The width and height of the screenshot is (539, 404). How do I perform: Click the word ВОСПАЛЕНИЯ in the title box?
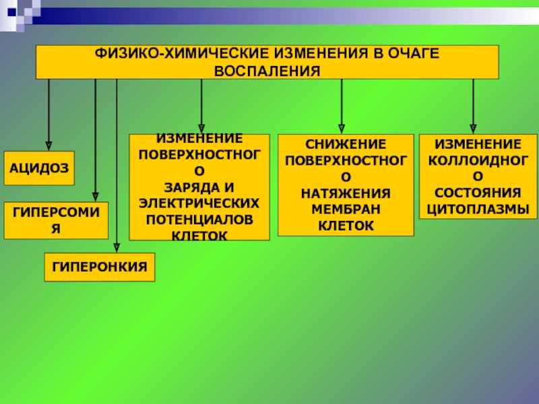pyautogui.click(x=267, y=70)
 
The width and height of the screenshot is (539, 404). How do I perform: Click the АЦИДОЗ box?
pyautogui.click(x=39, y=169)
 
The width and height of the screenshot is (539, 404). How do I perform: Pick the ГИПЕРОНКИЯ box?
pyautogui.click(x=100, y=267)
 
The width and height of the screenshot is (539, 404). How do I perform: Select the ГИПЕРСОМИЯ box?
pyautogui.click(x=56, y=220)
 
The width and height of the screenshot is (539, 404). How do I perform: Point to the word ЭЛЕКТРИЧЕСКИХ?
pyautogui.click(x=199, y=202)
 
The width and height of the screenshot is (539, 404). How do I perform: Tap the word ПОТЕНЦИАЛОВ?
pyautogui.click(x=199, y=220)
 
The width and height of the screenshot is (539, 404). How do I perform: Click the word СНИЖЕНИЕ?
pyautogui.click(x=346, y=144)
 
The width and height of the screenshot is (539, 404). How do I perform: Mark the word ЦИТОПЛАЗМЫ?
pyautogui.click(x=478, y=209)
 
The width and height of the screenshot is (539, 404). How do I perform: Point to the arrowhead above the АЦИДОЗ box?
pyautogui.click(x=49, y=144)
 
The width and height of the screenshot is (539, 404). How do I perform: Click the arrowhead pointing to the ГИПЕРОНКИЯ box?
pyautogui.click(x=117, y=248)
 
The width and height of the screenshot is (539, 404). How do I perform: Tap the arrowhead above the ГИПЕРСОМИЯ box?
pyautogui.click(x=95, y=197)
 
